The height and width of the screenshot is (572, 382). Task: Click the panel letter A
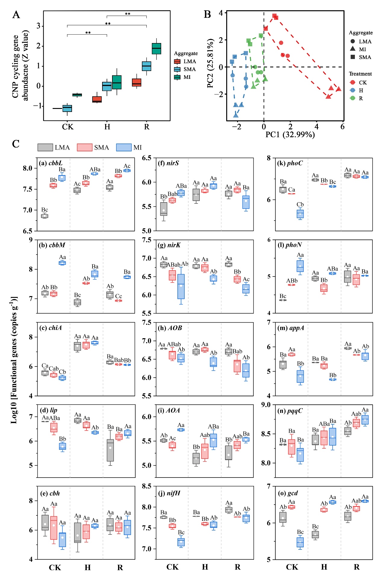[x=16, y=15]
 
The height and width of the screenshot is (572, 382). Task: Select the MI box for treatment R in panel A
[x=156, y=48]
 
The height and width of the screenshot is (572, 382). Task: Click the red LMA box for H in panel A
[x=97, y=99]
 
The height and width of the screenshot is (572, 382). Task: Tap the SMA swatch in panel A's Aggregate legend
[x=177, y=69]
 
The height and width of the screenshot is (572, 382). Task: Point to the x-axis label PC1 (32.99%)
[x=290, y=134]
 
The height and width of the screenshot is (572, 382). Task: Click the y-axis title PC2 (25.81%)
[x=210, y=63]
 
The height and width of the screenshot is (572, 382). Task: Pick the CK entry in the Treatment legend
[x=352, y=82]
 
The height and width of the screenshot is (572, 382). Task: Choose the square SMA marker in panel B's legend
[x=353, y=57]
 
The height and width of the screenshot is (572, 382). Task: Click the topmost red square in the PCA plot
[x=274, y=16]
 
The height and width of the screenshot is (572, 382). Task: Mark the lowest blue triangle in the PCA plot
[x=236, y=115]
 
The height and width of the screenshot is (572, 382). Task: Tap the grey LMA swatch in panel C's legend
[x=45, y=147]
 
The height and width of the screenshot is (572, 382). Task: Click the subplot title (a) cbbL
[x=51, y=163]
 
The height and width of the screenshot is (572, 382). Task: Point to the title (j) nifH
[x=169, y=493]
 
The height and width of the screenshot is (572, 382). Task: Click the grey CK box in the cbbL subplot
[x=45, y=216]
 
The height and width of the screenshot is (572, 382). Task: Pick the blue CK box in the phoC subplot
[x=300, y=214]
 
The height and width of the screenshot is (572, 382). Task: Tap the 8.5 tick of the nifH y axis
[x=147, y=486]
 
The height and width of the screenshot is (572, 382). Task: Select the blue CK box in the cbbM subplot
[x=62, y=263]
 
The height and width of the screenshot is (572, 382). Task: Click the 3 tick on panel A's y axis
[x=38, y=26]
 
